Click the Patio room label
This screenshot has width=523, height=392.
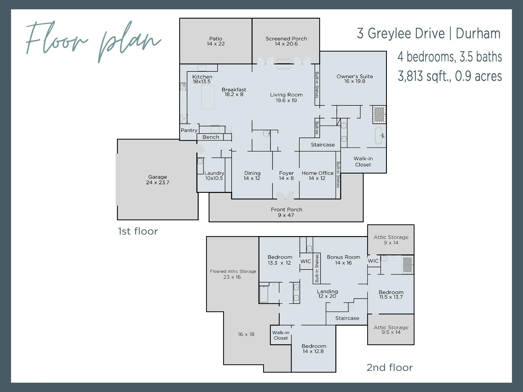pyautogui.click(x=216, y=39)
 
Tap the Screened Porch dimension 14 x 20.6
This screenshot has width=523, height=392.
pyautogui.click(x=286, y=44)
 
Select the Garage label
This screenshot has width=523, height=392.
pyautogui.click(x=157, y=177)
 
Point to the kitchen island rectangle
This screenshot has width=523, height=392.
pyautogui.click(x=208, y=97)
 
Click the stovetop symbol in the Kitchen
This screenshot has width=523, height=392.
pyautogui.click(x=183, y=87)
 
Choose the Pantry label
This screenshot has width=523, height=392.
pyautogui.click(x=189, y=130)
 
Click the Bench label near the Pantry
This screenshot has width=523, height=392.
pyautogui.click(x=211, y=137)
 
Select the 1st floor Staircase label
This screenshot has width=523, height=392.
pyautogui.click(x=323, y=145)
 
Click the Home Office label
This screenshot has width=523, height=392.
pyautogui.click(x=317, y=173)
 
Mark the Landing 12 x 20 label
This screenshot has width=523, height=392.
pyautogui.click(x=327, y=294)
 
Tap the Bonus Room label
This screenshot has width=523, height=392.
pyautogui.click(x=343, y=257)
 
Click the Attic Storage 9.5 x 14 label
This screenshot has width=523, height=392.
pyautogui.click(x=391, y=330)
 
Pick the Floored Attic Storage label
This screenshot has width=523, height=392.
pyautogui.click(x=233, y=272)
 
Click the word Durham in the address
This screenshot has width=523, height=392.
pyautogui.click(x=478, y=34)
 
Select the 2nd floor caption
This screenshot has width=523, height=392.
pyautogui.click(x=389, y=368)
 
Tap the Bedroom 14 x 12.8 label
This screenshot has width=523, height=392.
pyautogui.click(x=314, y=349)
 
